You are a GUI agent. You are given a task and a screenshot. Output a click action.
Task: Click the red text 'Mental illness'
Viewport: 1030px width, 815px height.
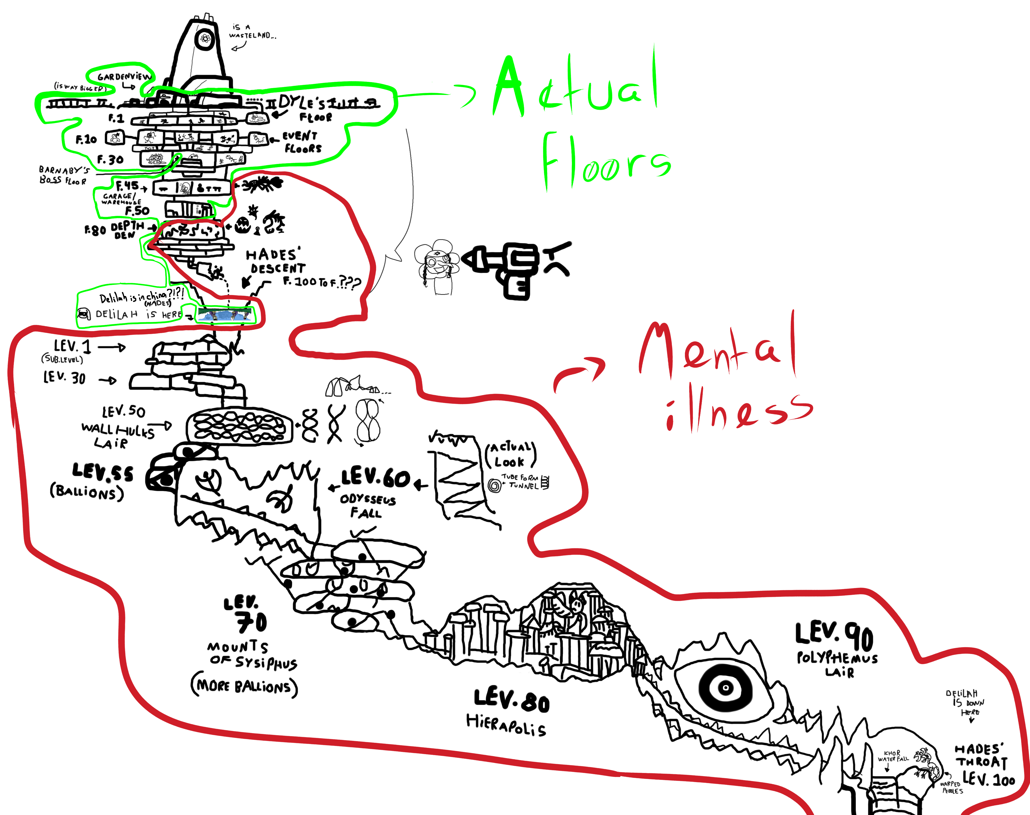click(x=726, y=377)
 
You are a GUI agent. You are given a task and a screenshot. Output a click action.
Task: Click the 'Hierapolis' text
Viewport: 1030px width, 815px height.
click(x=506, y=725)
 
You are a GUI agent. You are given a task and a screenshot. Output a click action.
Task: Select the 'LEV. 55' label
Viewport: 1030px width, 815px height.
click(x=103, y=472)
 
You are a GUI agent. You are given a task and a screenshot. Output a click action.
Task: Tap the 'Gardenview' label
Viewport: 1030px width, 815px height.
click(x=124, y=76)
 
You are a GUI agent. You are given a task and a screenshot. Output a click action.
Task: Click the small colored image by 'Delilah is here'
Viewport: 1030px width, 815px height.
click(x=225, y=315)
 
